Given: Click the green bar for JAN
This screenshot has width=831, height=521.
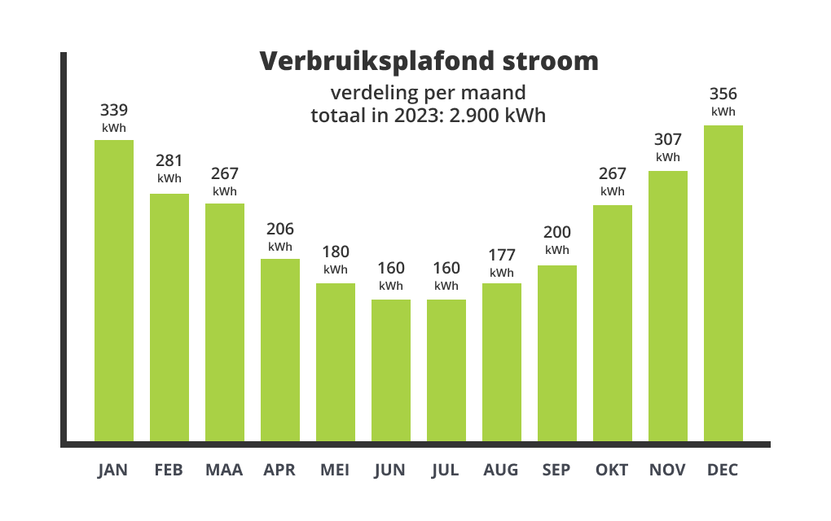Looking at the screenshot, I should click(x=114, y=291).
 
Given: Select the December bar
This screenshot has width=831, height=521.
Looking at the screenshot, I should click(x=723, y=283).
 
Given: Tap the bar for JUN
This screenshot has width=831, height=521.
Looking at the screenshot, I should click(x=391, y=370).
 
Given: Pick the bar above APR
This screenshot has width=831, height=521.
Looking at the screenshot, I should click(x=280, y=350).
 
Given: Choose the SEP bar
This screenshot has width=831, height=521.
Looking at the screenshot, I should click(x=557, y=353).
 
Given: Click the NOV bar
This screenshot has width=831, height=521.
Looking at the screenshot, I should click(x=668, y=306).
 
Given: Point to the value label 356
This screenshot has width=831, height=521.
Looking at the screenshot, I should click(x=723, y=94).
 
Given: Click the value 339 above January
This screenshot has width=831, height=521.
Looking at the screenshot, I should click(x=114, y=110).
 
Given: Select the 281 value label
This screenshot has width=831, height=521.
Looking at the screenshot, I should click(x=169, y=160).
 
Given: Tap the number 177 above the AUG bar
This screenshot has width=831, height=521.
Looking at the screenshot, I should click(x=502, y=255).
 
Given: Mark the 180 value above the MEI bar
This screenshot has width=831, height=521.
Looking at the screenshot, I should click(x=336, y=252).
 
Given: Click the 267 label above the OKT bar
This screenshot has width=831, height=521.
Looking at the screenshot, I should click(x=613, y=173).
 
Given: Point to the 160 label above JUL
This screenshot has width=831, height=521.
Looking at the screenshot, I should click(x=446, y=268).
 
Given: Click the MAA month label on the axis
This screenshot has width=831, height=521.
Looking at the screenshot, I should click(x=224, y=470).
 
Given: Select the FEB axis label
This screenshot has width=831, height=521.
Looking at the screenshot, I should click(x=169, y=470).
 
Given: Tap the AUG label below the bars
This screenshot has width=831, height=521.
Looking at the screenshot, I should click(x=501, y=470).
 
